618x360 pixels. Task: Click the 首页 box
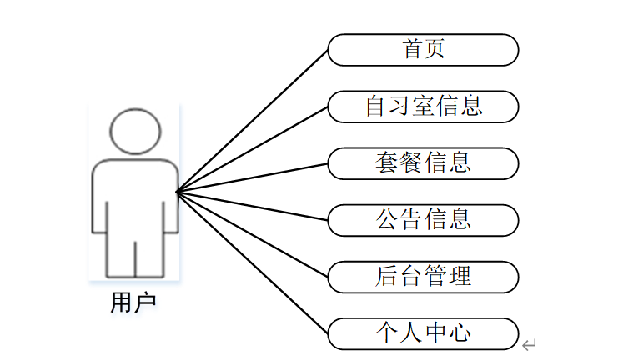pyautogui.click(x=423, y=50)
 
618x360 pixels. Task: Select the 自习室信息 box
pyautogui.click(x=423, y=107)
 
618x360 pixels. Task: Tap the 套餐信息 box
pyautogui.click(x=423, y=163)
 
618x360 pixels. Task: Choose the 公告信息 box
pyautogui.click(x=423, y=220)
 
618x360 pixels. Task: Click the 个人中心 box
pyautogui.click(x=423, y=333)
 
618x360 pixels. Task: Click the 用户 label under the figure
pyautogui.click(x=133, y=302)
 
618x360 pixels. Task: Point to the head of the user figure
pyautogui.click(x=135, y=132)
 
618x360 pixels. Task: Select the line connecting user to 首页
pyautogui.click(x=253, y=121)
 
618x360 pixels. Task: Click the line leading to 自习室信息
pyautogui.click(x=253, y=149)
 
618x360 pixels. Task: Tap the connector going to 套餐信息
pyautogui.click(x=253, y=177)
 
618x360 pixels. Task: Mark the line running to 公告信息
pyautogui.click(x=253, y=206)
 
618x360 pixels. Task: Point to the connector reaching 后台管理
pyautogui.click(x=253, y=234)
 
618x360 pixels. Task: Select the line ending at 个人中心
pyautogui.click(x=253, y=262)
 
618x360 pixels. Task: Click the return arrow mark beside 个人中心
pyautogui.click(x=529, y=343)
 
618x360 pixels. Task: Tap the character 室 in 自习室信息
pyautogui.click(x=424, y=107)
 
